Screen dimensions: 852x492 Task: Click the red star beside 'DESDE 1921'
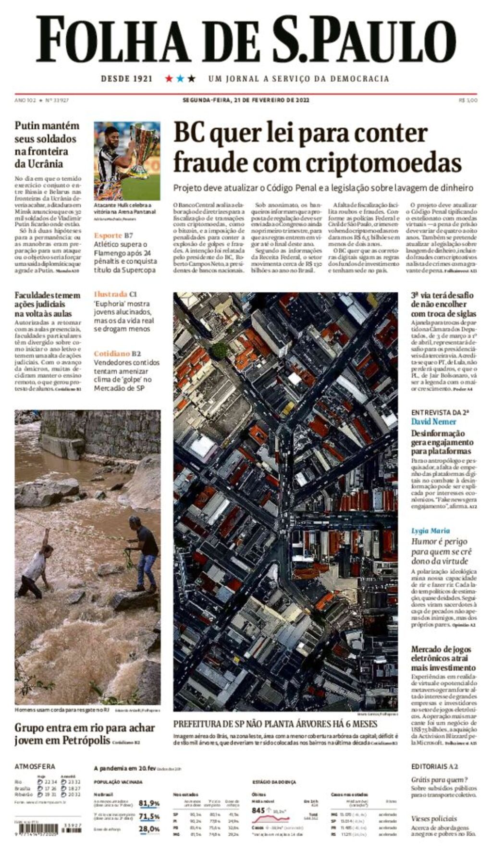click(169, 78)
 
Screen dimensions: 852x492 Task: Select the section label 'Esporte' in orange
click(108, 235)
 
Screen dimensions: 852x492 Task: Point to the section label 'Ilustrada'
click(110, 294)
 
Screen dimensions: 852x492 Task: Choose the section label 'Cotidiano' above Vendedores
click(111, 354)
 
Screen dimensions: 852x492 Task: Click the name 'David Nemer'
click(433, 421)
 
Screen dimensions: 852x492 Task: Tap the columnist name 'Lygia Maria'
click(430, 531)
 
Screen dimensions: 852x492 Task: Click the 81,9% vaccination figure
click(149, 803)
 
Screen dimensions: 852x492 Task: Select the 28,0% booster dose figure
click(149, 829)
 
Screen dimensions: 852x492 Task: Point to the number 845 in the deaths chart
click(258, 810)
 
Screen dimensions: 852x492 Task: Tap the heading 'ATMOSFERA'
click(35, 766)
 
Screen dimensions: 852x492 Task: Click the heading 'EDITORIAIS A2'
click(434, 766)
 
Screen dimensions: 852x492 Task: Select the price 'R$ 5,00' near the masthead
click(467, 100)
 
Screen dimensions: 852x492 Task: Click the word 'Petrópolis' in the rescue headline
click(86, 741)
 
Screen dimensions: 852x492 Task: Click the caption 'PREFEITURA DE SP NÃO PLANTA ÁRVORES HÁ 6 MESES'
click(275, 724)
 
